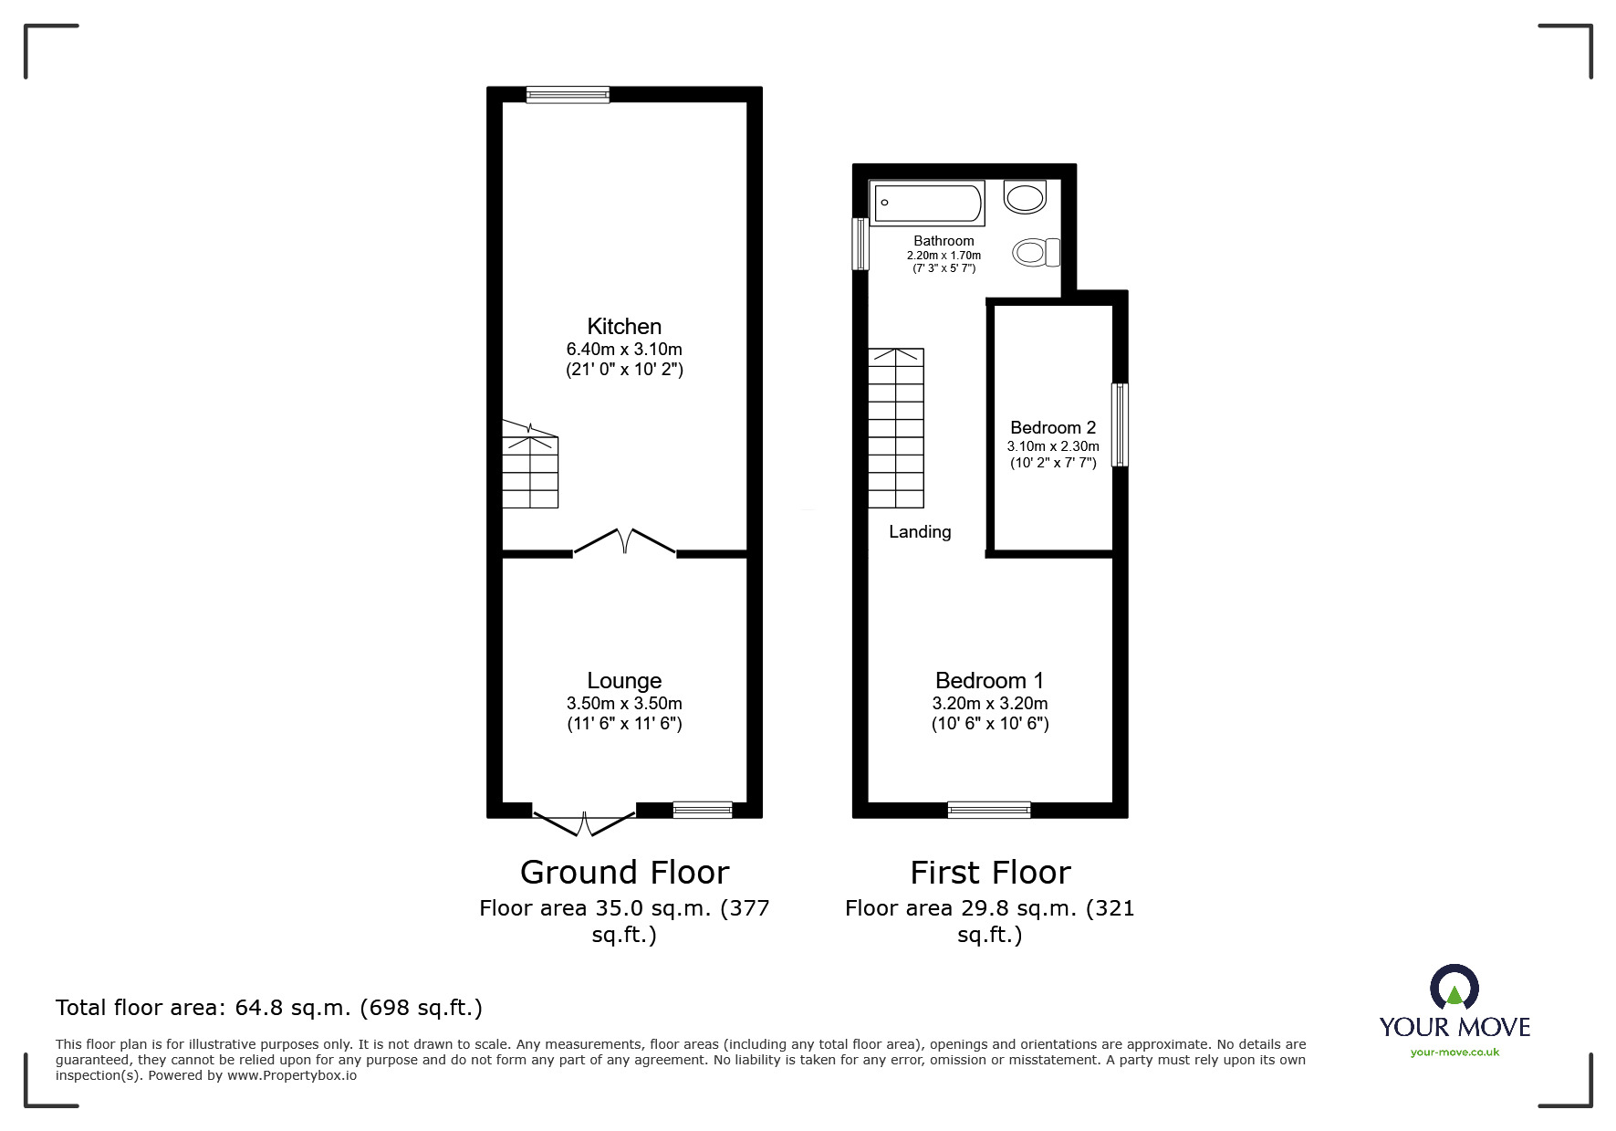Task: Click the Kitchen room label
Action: [624, 326]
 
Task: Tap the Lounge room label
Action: [624, 680]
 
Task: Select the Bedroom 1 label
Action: [989, 680]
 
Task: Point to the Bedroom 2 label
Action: [1053, 427]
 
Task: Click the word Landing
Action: [920, 531]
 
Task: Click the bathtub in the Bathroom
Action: [928, 203]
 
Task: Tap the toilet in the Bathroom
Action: [1036, 252]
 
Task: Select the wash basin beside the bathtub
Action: [1025, 195]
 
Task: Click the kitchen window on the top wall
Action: [568, 94]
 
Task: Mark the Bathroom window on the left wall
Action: [860, 244]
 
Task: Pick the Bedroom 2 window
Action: [1120, 425]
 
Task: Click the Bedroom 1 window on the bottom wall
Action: [989, 810]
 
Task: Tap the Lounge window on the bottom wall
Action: [703, 810]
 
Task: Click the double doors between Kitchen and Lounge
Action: [624, 542]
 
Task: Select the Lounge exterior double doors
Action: [584, 822]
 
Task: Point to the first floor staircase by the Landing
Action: [896, 428]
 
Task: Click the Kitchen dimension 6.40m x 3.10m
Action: [624, 349]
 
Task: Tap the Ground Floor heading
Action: [624, 872]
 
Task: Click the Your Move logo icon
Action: [1454, 989]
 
